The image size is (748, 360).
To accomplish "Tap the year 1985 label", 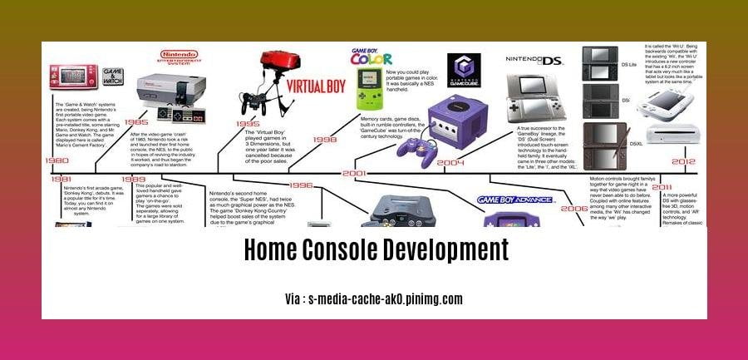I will click(136, 121).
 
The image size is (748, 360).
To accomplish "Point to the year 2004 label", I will click(450, 162).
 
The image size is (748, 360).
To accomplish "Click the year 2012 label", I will click(684, 161).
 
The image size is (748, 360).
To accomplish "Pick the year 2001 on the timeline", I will click(355, 174).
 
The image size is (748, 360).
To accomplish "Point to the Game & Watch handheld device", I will click(73, 76).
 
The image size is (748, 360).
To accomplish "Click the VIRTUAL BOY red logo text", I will click(316, 86).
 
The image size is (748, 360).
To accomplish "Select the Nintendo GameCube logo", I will click(464, 71).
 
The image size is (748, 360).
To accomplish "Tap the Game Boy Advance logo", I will click(516, 200).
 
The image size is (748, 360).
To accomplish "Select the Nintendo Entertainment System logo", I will click(178, 58).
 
